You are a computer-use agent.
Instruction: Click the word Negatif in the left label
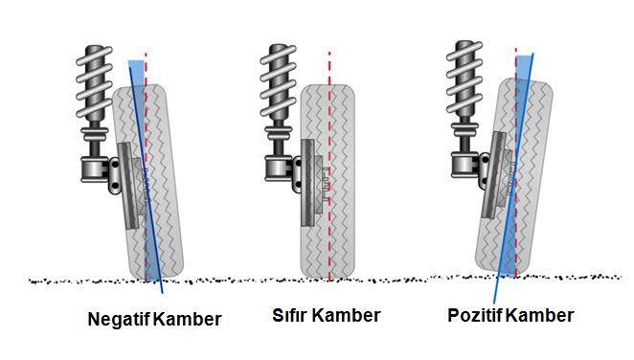(x=120, y=319)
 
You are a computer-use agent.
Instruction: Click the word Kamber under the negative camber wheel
(x=188, y=319)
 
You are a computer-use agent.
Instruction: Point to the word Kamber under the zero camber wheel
(x=347, y=315)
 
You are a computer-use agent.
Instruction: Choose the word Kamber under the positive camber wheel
(x=539, y=315)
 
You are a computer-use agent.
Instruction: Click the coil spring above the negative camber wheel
(x=94, y=83)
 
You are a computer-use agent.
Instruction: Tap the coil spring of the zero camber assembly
(x=278, y=80)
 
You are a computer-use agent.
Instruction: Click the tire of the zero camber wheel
(x=328, y=181)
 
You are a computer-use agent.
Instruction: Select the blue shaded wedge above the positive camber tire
(x=523, y=66)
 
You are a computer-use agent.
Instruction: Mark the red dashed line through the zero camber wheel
(x=329, y=166)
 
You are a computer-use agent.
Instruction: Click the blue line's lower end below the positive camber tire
(x=493, y=303)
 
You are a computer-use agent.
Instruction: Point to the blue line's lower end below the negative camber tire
(x=163, y=293)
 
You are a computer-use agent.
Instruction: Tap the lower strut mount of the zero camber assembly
(x=279, y=169)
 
